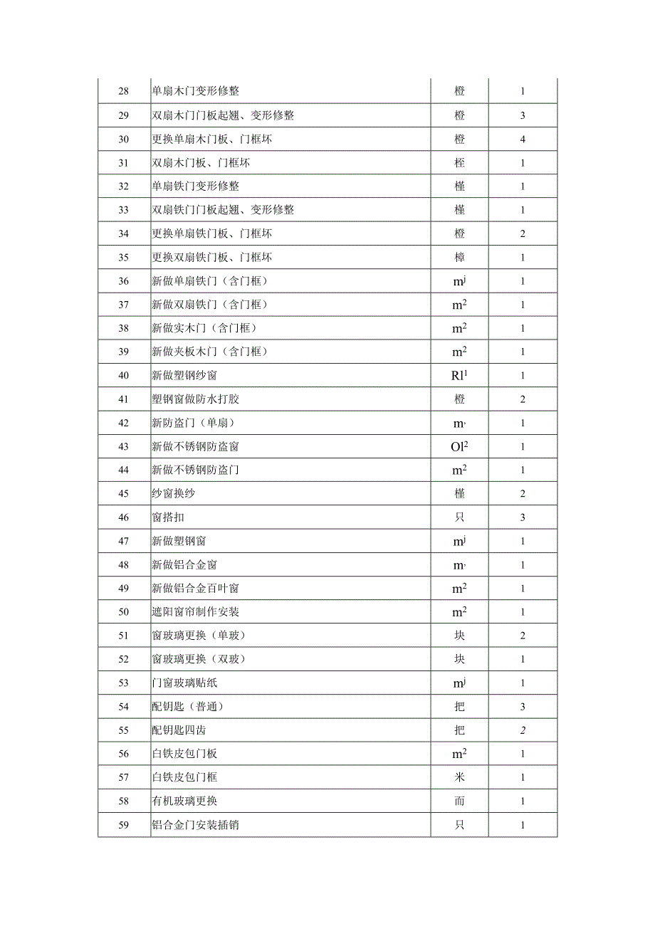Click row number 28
point(124,91)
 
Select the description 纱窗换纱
point(174,493)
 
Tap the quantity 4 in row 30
point(523,139)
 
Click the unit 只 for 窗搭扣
point(460,517)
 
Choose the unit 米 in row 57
point(460,777)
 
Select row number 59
point(124,825)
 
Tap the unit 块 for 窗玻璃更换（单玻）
point(460,636)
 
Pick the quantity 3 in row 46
point(523,517)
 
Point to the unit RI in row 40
point(460,375)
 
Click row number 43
point(124,446)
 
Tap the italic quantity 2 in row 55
point(523,730)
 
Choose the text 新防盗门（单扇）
point(194,423)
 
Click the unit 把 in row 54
point(460,706)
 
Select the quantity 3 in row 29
point(523,115)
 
